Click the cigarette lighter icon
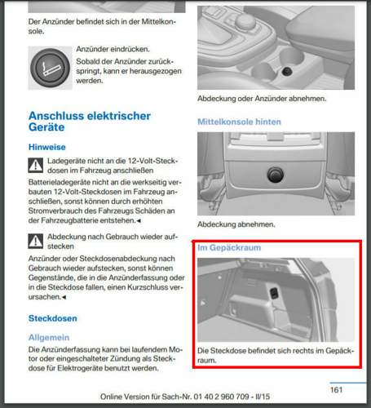coord(50,68)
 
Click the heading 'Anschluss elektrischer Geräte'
coord(90,122)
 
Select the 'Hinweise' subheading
coord(47,147)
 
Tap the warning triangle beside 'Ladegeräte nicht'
coord(36,165)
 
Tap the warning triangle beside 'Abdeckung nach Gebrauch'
coord(36,241)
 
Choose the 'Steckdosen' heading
coord(53,318)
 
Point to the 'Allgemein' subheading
coord(49,337)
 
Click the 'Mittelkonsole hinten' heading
coord(239,122)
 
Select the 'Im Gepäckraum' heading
coord(229,247)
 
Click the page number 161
coord(336,390)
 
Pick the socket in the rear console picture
coord(276,175)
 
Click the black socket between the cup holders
coord(287,71)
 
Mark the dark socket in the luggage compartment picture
coord(274,294)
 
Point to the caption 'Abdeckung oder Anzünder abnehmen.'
coord(262,99)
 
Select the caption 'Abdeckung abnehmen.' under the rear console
coord(236,224)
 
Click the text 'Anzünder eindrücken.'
coord(113,49)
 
